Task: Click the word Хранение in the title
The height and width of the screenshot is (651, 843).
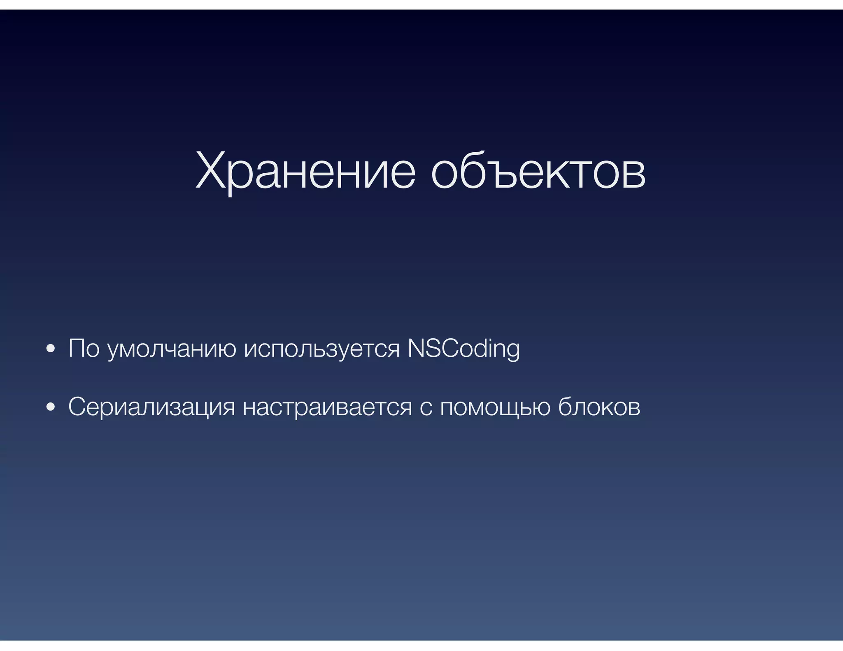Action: coord(305,170)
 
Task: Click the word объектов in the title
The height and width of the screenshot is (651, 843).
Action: coord(538,170)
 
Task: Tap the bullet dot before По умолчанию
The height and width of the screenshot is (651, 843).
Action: coord(51,349)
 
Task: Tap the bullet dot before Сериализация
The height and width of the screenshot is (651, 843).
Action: coord(51,407)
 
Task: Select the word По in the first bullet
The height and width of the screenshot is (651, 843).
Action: coord(84,348)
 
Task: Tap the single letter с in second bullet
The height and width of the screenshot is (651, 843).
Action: coord(426,408)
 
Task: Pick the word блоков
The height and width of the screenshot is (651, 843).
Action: coord(599,407)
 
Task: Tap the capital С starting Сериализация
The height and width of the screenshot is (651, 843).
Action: coord(77,407)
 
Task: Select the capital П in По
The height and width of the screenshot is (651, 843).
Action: coord(77,348)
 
